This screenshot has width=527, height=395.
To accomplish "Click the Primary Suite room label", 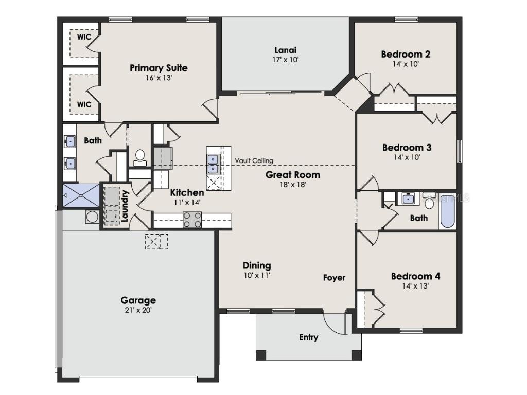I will tap(159, 68).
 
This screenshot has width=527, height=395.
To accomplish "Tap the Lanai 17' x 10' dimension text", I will tap(286, 60).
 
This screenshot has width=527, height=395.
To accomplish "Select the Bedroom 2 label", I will tap(406, 54).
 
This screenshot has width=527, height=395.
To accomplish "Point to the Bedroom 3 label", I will tap(407, 148).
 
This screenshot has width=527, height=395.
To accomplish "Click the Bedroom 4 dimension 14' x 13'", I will tap(415, 286).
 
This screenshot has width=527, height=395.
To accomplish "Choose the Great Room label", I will tap(292, 175).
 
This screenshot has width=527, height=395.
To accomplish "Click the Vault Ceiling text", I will tap(254, 160).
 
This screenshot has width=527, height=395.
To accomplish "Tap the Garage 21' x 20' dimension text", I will tap(138, 310).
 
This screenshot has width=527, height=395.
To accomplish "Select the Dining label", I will tap(257, 265).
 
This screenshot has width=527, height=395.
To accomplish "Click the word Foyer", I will tap(334, 278).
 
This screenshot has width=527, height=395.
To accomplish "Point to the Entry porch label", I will tap(308, 337).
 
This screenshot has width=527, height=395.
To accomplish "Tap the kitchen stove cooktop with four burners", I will tap(192, 220).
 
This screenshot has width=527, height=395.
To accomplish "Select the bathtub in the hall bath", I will tap(447, 211).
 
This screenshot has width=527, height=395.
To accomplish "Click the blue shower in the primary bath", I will tap(80, 195).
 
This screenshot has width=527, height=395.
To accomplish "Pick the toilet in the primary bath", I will tap(139, 157).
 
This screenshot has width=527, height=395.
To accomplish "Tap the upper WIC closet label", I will tap(84, 38).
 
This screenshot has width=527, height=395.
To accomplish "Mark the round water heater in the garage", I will tap(92, 217).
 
